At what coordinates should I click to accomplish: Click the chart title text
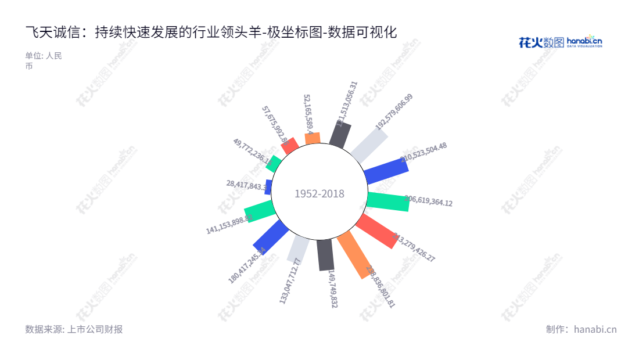coord(211,33)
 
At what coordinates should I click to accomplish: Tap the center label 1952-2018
coord(319,194)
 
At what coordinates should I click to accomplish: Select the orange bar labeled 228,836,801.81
coord(354,254)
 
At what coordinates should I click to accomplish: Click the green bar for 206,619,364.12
coord(388,200)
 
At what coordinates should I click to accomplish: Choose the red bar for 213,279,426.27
coord(376,231)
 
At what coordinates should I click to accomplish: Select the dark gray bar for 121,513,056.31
coord(340,135)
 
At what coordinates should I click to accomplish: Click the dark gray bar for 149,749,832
coord(326,255)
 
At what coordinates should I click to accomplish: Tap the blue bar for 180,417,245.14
coord(271,237)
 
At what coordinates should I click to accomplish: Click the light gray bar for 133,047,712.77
coord(299,249)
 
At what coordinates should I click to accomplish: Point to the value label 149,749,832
coord(333,288)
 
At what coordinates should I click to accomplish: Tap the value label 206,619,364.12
coord(428,201)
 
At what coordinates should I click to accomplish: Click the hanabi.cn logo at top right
coord(560,42)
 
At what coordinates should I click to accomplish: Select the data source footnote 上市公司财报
coord(74,329)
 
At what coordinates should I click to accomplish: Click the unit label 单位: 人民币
coord(43,60)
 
